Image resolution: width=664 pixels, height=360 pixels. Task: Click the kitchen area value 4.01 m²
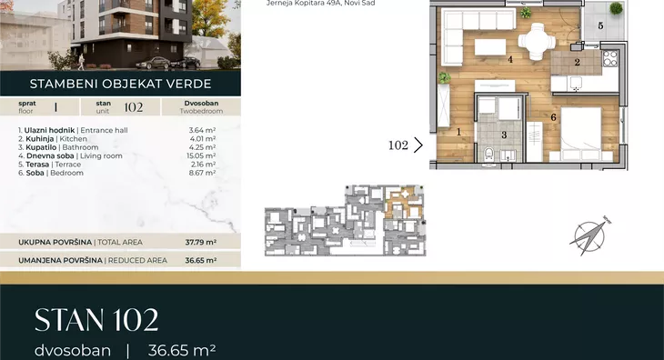[203, 139]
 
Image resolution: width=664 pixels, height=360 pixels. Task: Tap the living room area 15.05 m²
[201, 155]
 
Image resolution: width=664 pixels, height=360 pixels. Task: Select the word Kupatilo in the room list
[41, 147]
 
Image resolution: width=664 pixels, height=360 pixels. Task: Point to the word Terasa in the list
[37, 165]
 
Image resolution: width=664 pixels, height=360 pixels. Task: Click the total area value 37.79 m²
[201, 242]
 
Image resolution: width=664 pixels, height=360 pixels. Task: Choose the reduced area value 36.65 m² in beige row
[201, 260]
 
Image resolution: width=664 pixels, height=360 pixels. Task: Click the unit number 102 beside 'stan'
[134, 107]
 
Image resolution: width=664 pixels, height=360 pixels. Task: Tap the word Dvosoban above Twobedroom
[201, 104]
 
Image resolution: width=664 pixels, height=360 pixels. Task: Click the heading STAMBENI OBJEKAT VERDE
[121, 84]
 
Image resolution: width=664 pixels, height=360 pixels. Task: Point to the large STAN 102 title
[96, 320]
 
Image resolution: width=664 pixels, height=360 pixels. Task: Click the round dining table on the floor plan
[537, 42]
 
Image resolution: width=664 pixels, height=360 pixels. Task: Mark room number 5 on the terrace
[600, 25]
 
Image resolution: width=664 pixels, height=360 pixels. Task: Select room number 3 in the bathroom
[504, 135]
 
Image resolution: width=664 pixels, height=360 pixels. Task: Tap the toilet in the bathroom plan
[488, 154]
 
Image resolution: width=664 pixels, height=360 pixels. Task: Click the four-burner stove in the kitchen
[610, 58]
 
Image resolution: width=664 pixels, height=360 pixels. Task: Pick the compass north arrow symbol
[589, 236]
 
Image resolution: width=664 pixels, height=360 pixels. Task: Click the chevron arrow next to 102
[418, 145]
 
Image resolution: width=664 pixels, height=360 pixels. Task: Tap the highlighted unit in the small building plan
[403, 202]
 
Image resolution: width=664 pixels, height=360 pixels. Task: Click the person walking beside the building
[81, 62]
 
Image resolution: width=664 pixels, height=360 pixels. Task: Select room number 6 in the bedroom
[553, 117]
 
